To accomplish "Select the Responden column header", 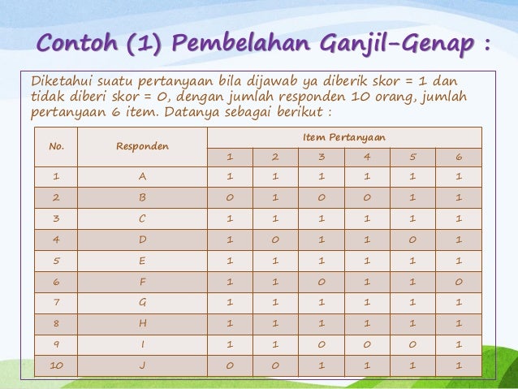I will coord(142,146).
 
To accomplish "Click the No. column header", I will coord(56,146).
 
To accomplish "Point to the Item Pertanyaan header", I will coord(344,138).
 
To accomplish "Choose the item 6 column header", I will coord(459,157).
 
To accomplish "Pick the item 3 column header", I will coord(322,157).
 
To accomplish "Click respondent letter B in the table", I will coord(142,197).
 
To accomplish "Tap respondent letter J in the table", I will coord(142,366).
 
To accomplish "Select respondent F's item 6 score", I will coord(459,282).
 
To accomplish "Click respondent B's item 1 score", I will coord(230,197).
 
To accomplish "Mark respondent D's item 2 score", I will coord(275,240).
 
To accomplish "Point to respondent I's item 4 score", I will coord(367,345).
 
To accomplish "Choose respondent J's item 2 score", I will coord(275,366).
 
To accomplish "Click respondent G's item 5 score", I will coord(412,303).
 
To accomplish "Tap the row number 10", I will coord(56,366).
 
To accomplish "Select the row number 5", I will coord(56,261).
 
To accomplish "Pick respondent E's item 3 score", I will coord(322,261).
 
